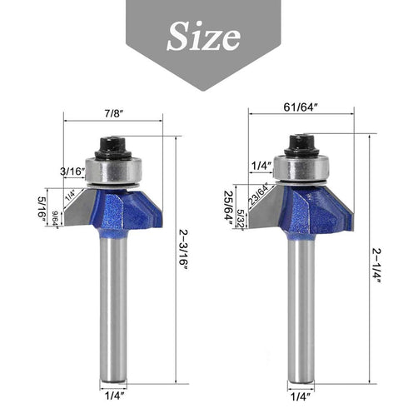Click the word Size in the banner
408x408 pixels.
(204, 35)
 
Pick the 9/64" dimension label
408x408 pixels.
(57, 218)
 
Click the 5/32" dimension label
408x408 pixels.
(241, 218)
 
